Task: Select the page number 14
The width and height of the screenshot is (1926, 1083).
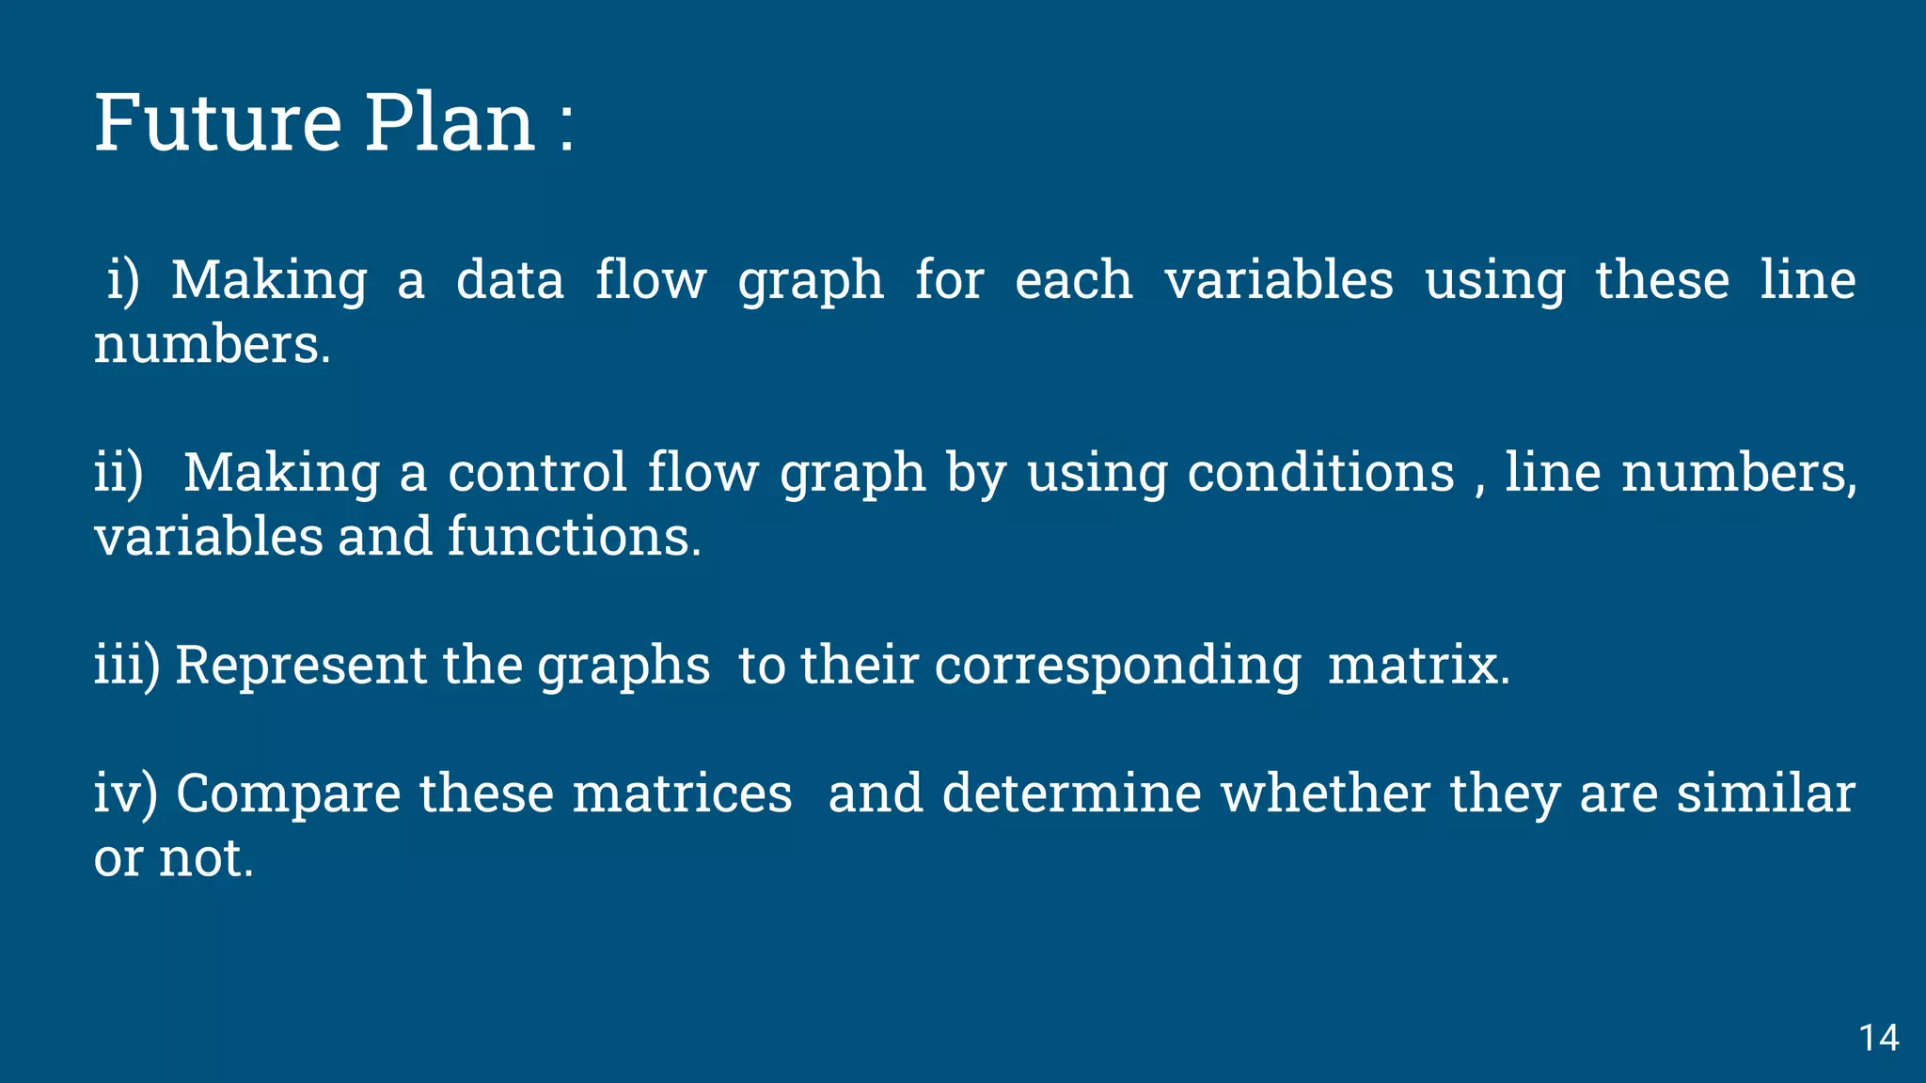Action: tap(1878, 1038)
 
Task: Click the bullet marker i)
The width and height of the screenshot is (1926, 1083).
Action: tap(122, 280)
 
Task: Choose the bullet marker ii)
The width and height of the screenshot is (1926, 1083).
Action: tap(118, 472)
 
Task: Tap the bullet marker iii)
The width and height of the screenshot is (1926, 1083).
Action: tap(127, 665)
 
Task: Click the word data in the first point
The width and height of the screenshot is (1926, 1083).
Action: tap(510, 280)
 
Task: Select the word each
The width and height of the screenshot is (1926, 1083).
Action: tap(1073, 280)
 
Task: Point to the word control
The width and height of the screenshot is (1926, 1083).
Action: tap(536, 472)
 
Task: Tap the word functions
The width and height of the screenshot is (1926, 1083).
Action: tap(574, 537)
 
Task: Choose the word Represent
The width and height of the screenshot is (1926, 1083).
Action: tap(301, 665)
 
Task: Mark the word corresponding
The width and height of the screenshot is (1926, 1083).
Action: tap(1117, 667)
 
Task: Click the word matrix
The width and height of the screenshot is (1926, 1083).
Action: tap(1418, 665)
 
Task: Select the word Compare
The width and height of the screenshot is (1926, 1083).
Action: tap(288, 794)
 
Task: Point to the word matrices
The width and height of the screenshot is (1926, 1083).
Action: tap(682, 793)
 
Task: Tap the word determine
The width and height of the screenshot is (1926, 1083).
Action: tap(1071, 793)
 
